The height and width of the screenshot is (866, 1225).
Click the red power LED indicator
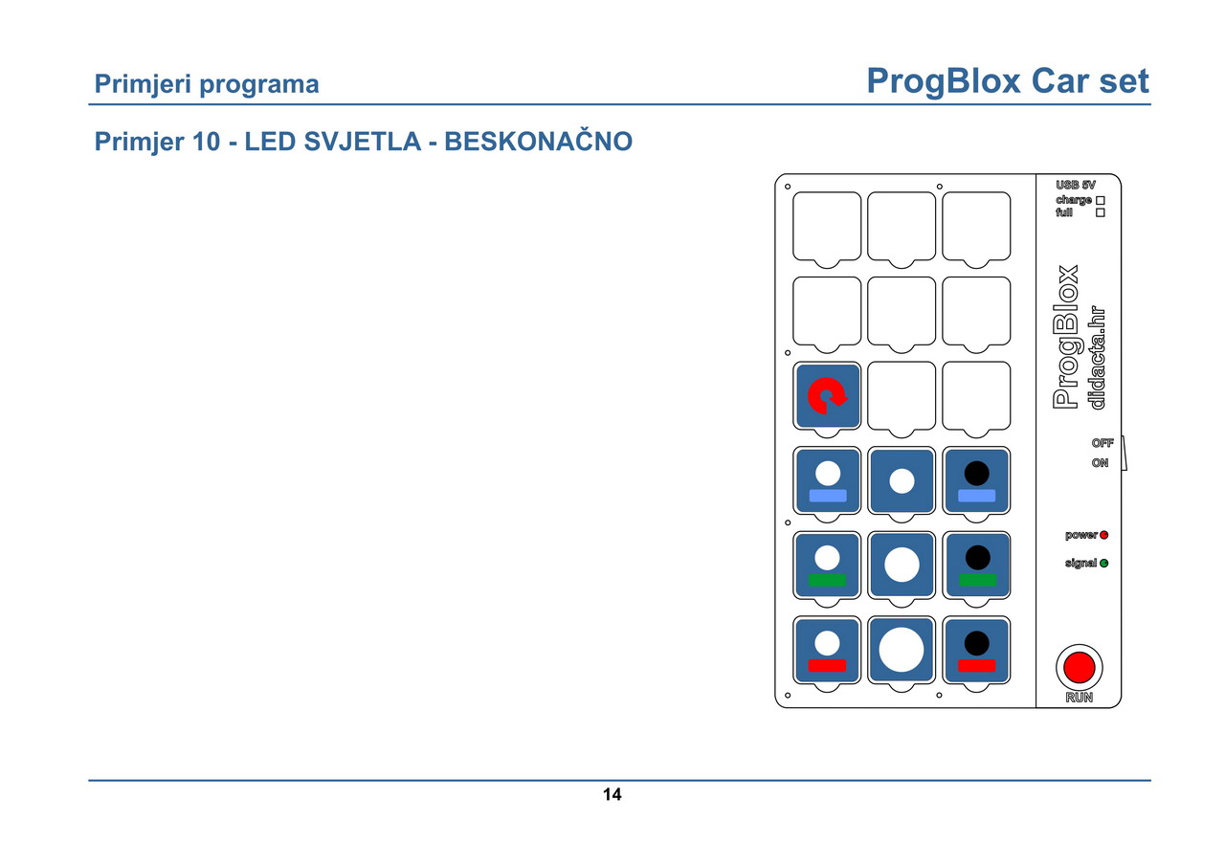[x=1103, y=535]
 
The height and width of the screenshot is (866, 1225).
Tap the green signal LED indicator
[x=1103, y=563]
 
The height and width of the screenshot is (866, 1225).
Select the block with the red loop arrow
[x=827, y=396]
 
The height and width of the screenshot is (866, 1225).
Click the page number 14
[x=612, y=794]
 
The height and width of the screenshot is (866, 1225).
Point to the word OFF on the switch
[x=1102, y=443]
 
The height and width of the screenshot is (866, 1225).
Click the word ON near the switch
[x=1100, y=462]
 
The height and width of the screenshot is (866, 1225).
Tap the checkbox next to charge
[x=1101, y=201]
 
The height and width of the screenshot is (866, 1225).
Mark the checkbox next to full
[x=1101, y=212]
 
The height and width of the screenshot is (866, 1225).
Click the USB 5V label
[x=1075, y=185]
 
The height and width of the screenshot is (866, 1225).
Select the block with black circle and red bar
[x=976, y=650]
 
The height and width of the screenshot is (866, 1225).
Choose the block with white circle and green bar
[x=827, y=566]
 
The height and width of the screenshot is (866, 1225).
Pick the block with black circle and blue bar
[x=976, y=480]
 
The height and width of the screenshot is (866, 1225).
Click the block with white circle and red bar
[x=827, y=650]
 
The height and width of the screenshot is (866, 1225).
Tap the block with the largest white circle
[x=902, y=650]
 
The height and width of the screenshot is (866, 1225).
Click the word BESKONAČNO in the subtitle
[x=538, y=142]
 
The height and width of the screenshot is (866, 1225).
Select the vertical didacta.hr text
[x=1097, y=358]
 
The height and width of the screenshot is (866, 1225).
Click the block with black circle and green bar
[x=976, y=566]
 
